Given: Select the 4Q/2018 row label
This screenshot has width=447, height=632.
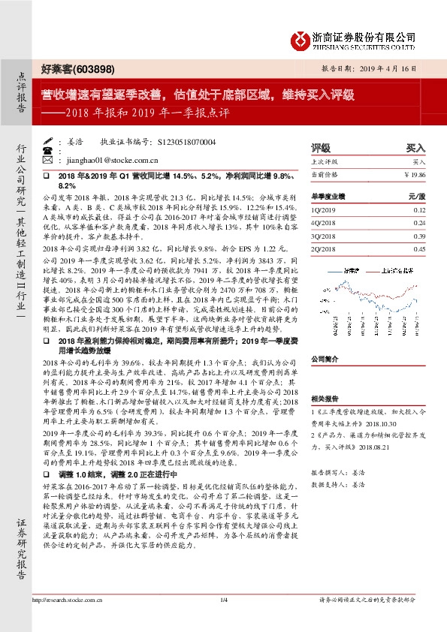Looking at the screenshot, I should [324, 222].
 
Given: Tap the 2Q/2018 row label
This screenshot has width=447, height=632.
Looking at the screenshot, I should [324, 248].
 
